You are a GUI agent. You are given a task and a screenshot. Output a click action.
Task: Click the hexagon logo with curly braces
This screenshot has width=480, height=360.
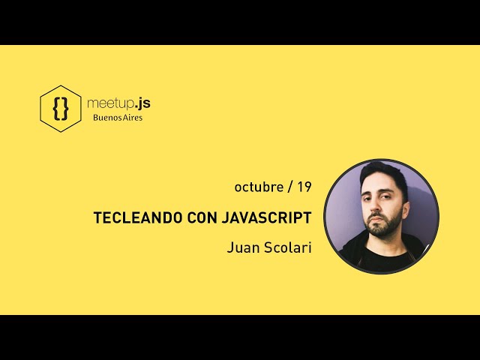[60, 109]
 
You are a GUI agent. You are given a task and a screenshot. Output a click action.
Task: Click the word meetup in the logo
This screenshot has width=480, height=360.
[107, 103]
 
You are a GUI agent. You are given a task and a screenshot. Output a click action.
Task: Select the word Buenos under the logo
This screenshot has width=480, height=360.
[106, 118]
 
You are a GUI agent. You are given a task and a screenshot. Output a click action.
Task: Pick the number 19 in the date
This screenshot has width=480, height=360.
[304, 186]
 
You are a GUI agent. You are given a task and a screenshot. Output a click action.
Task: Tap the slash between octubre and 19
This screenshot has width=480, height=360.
[289, 187]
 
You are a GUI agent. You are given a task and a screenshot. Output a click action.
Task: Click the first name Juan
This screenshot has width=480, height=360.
[241, 247]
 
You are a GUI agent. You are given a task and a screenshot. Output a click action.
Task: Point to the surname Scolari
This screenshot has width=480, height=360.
[287, 247]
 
